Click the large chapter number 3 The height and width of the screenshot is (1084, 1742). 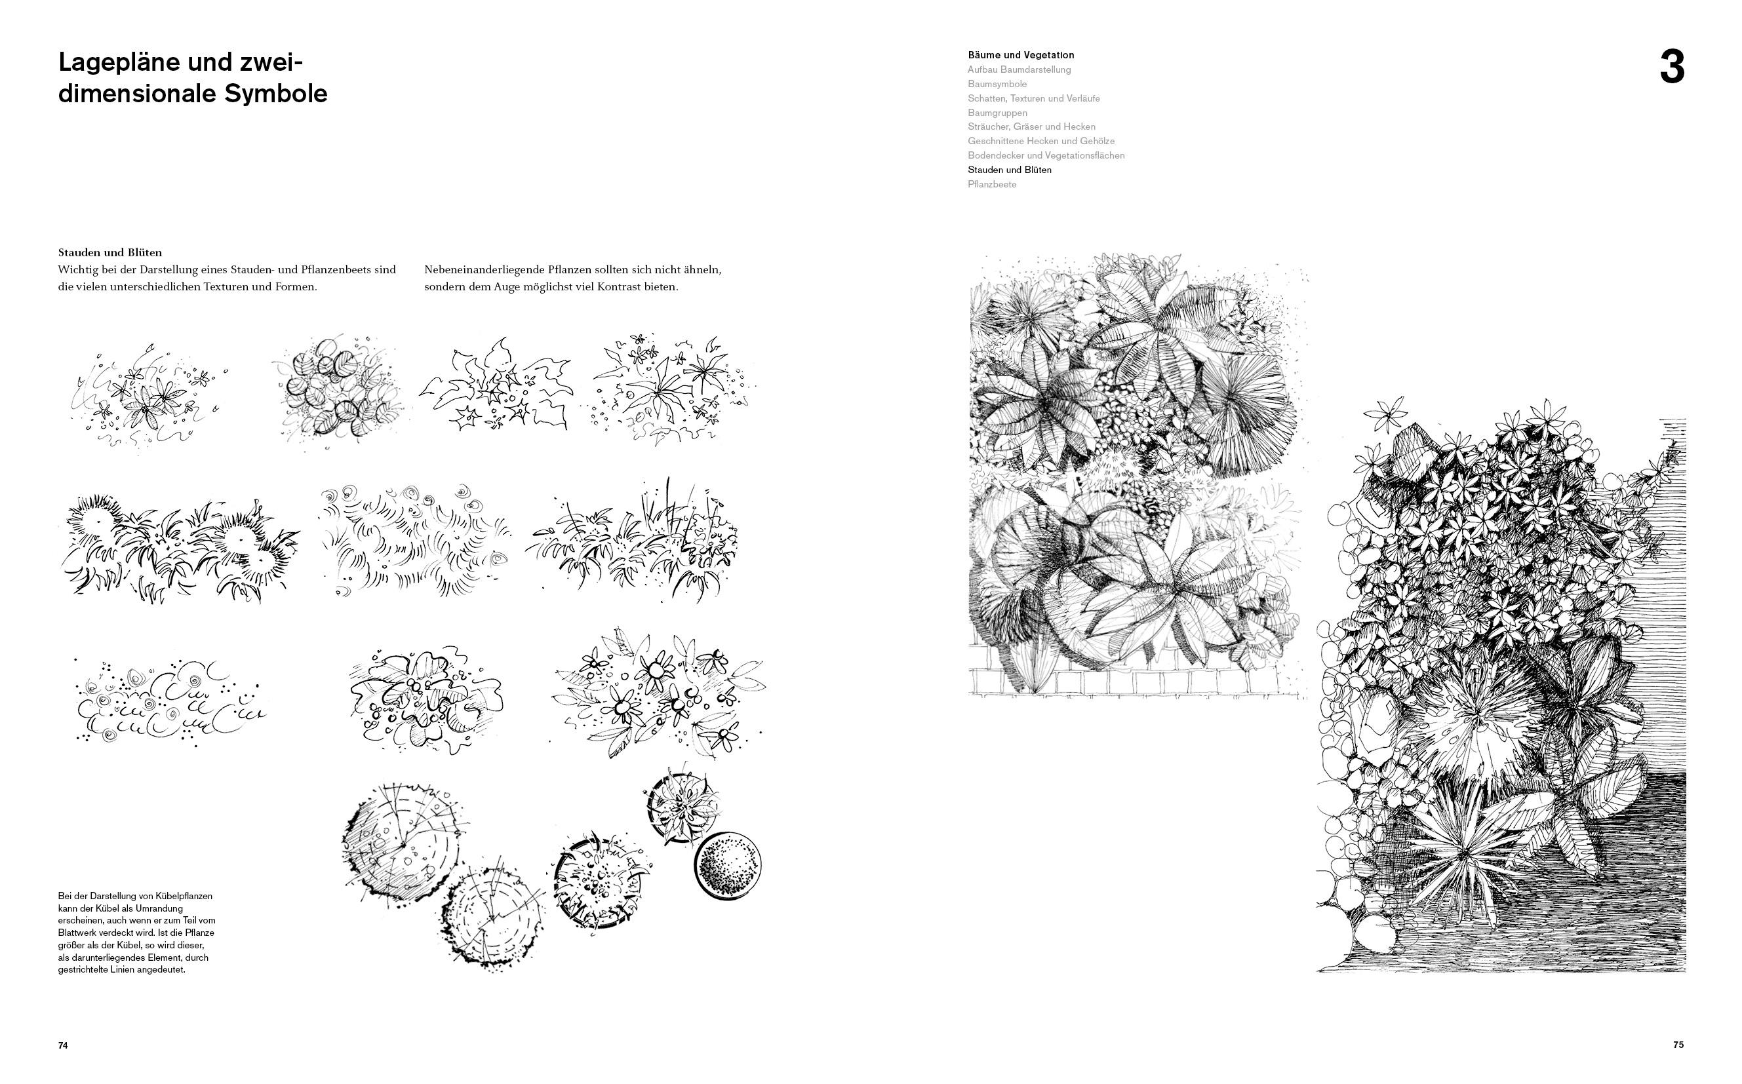1672,69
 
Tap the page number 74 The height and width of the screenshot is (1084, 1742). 63,1046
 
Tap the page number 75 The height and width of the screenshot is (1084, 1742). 1678,1045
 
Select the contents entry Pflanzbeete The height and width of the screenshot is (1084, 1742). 992,184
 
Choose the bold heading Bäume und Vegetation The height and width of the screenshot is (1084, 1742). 1021,54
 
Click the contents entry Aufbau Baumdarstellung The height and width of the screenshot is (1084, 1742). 1019,69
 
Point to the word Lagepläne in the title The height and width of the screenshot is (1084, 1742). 118,63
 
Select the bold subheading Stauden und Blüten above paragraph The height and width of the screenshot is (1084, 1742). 109,252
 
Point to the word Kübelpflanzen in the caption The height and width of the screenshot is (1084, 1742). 184,896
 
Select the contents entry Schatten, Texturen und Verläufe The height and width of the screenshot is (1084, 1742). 1033,98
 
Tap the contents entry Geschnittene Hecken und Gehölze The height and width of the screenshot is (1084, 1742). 1040,142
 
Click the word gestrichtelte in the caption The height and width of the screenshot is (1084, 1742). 83,970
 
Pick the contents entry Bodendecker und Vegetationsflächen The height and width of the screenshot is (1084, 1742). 1046,155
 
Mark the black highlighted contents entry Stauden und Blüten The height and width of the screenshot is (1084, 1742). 1009,170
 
